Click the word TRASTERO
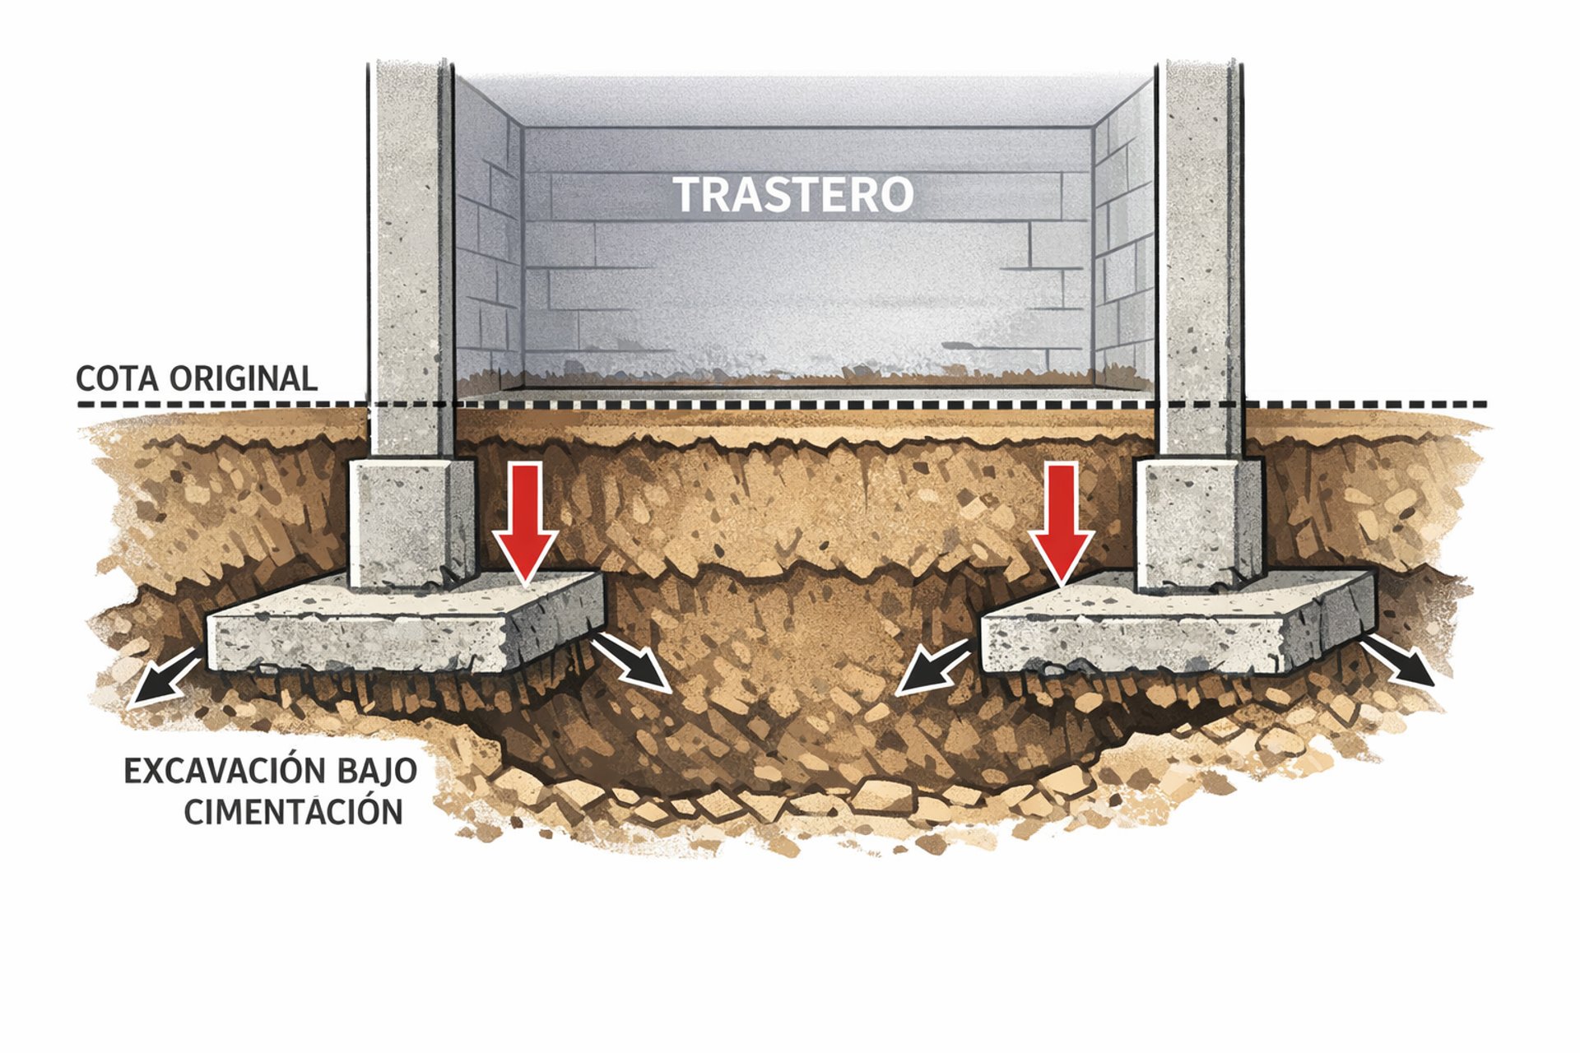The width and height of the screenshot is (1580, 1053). pos(793,195)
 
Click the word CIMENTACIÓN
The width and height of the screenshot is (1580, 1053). pos(293,812)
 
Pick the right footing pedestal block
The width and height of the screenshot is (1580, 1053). pos(1198,522)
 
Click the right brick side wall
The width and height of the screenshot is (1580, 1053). pos(1124,247)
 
